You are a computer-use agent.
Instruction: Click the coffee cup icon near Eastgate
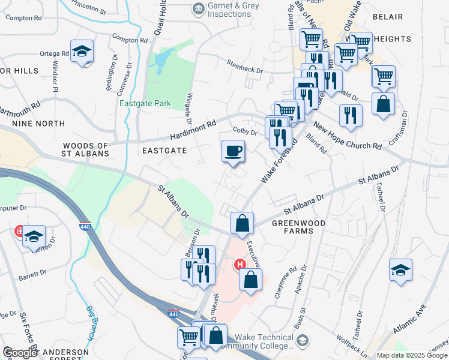pos(233,151)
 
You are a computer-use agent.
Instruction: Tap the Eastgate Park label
pos(145,103)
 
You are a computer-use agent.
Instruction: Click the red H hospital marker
pos(240,264)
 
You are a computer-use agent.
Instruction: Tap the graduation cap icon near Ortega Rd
pos(82,52)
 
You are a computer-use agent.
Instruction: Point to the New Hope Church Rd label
pos(347,137)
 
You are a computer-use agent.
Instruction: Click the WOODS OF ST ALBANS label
pos(86,149)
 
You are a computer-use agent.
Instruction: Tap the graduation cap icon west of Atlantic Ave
pos(400,271)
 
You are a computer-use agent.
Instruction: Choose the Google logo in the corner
pos(20,353)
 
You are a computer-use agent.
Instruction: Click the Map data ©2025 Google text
pos(412,355)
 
